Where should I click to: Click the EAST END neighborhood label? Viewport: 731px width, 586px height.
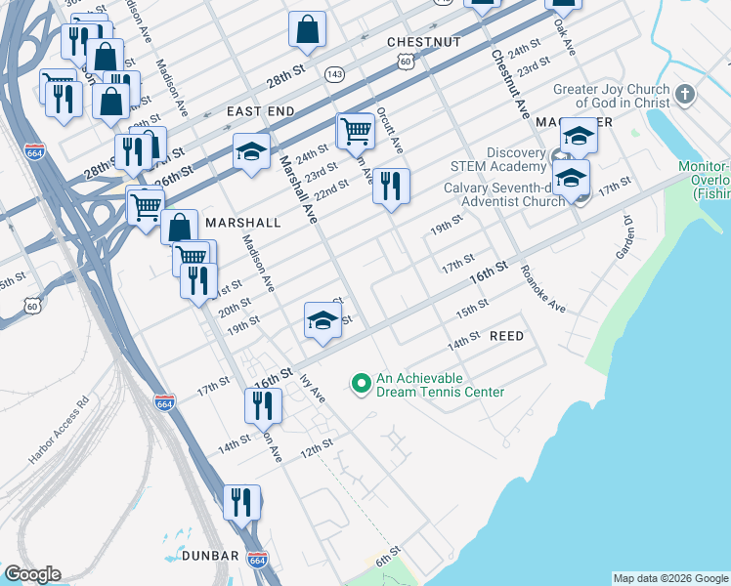coord(261,112)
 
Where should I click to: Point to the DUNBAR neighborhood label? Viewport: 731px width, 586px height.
coord(210,556)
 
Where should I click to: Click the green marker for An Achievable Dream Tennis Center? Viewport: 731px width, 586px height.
coord(361,385)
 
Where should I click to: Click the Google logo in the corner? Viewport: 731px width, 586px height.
coord(32,574)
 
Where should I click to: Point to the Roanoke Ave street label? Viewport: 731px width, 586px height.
coord(542,289)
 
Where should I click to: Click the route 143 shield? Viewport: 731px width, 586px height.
coord(335,74)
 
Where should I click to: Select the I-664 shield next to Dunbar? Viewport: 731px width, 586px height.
coord(257,561)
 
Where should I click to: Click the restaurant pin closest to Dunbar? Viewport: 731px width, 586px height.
coord(241,502)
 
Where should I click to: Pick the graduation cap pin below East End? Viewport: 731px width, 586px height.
coord(251,151)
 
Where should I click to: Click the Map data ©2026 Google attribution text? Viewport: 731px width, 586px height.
coord(670,578)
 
